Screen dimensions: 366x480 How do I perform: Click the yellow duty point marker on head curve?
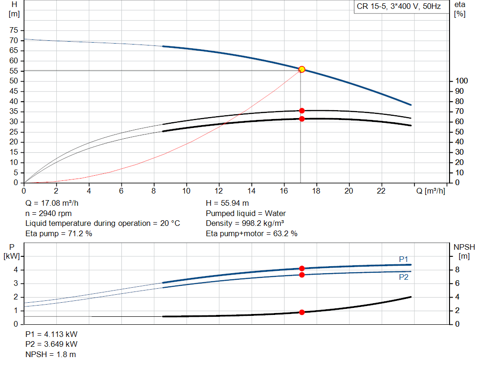pos(302,69)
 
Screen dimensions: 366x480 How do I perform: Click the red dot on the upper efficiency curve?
pos(302,111)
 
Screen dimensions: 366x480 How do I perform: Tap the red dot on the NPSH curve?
pos(302,312)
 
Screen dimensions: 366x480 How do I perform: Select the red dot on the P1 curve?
pos(302,269)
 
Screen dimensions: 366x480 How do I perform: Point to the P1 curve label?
pos(404,259)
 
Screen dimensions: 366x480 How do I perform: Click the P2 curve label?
pos(404,277)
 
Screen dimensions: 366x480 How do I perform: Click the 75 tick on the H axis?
pos(14,30)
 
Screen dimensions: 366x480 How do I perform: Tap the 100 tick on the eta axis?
pos(460,81)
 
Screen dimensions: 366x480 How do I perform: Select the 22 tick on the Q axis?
pos(382,191)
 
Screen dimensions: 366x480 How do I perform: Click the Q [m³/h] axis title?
pos(430,191)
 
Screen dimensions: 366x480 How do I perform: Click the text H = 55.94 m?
pos(227,203)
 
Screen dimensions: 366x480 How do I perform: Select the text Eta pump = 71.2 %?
pos(59,233)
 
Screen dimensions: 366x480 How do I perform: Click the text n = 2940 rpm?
pos(48,213)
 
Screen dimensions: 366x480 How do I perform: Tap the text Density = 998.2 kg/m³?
pos(245,223)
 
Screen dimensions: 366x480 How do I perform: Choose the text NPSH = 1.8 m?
pos(51,354)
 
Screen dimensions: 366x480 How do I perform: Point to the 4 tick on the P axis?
pos(15,270)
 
